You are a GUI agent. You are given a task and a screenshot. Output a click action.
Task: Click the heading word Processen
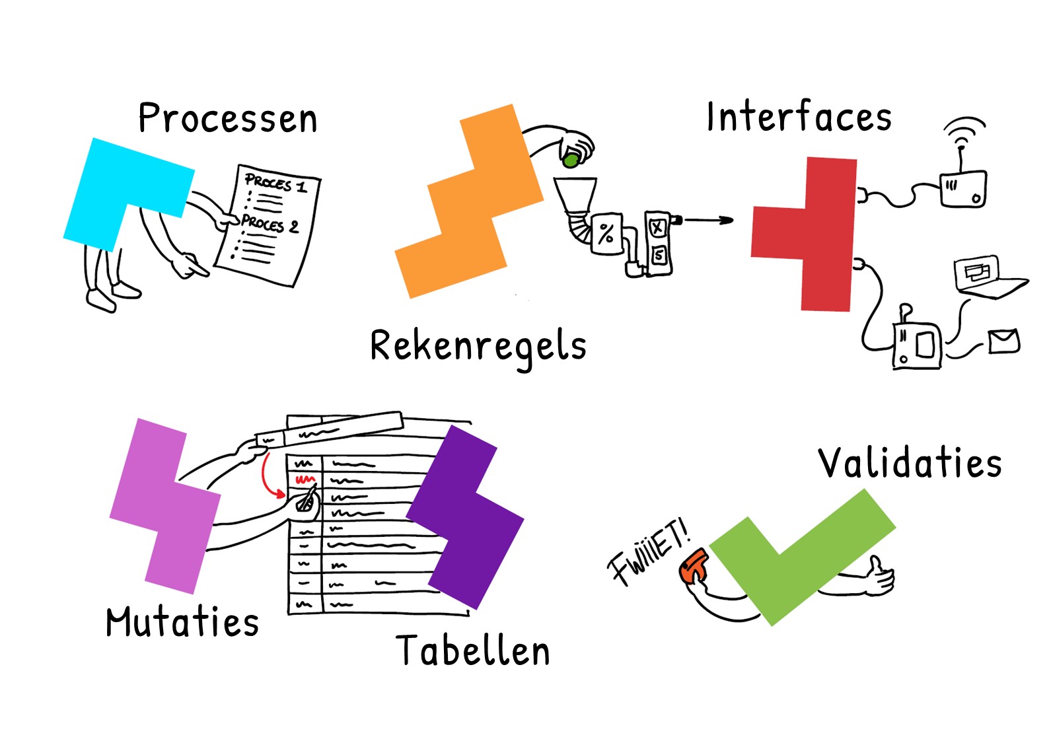pos(228,118)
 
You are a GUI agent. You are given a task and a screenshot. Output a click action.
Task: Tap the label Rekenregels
pos(478,348)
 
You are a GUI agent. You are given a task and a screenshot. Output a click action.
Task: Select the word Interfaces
pos(799,116)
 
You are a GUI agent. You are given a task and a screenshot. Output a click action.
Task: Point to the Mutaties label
pos(182,621)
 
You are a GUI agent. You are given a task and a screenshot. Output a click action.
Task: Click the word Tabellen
pos(472,650)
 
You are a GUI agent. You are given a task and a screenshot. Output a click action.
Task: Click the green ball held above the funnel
pos(571,160)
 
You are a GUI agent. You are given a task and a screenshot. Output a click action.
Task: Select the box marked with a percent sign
pos(606,234)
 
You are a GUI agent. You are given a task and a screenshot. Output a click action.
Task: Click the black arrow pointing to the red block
pos(708,219)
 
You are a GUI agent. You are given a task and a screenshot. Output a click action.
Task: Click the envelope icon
pos(1004,341)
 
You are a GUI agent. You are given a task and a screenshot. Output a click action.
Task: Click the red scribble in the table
pos(305,479)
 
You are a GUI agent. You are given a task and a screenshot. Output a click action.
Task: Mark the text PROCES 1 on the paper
pos(276,183)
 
